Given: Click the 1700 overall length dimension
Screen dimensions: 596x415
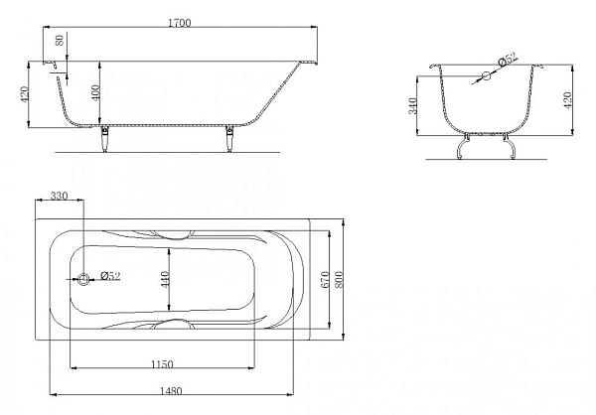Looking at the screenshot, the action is pos(180,23).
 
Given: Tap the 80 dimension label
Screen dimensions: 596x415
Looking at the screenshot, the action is pos(60,40).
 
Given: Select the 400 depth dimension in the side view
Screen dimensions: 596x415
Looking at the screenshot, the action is pos(95,92).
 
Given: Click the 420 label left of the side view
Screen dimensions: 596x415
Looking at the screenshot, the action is pos(24,94).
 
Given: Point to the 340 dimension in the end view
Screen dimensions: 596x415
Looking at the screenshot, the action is pos(412,105).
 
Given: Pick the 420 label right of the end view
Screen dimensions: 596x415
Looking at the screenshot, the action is pos(567,100).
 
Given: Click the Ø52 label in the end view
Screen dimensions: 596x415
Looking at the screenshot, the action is pos(508,60).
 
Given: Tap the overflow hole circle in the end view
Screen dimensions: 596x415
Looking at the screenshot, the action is pos(486,76).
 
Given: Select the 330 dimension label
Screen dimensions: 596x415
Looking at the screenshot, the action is pos(59,196).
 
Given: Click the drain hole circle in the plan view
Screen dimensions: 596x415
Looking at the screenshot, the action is pos(83,279).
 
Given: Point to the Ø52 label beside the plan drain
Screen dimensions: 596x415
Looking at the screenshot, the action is pos(110,276).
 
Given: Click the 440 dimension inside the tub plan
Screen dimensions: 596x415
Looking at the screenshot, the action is pos(165,279).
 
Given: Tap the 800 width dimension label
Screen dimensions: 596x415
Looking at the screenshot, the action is pos(339,279).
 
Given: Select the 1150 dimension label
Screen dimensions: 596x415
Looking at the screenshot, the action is pos(162,364).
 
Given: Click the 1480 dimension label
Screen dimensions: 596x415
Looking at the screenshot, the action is pos(171,391).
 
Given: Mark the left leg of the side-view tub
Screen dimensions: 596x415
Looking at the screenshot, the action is pos(105,138).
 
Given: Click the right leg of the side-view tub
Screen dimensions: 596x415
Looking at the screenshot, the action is pos(229,138).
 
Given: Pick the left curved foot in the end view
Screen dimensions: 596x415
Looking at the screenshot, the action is pos(463,146).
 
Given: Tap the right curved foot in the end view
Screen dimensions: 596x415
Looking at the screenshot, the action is pos(510,146).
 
